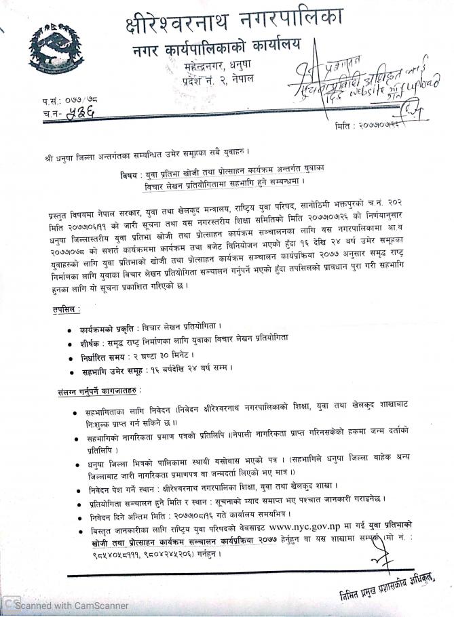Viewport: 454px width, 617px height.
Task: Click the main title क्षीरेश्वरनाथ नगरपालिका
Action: click(x=234, y=20)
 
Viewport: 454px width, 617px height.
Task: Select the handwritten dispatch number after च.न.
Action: click(x=79, y=114)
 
